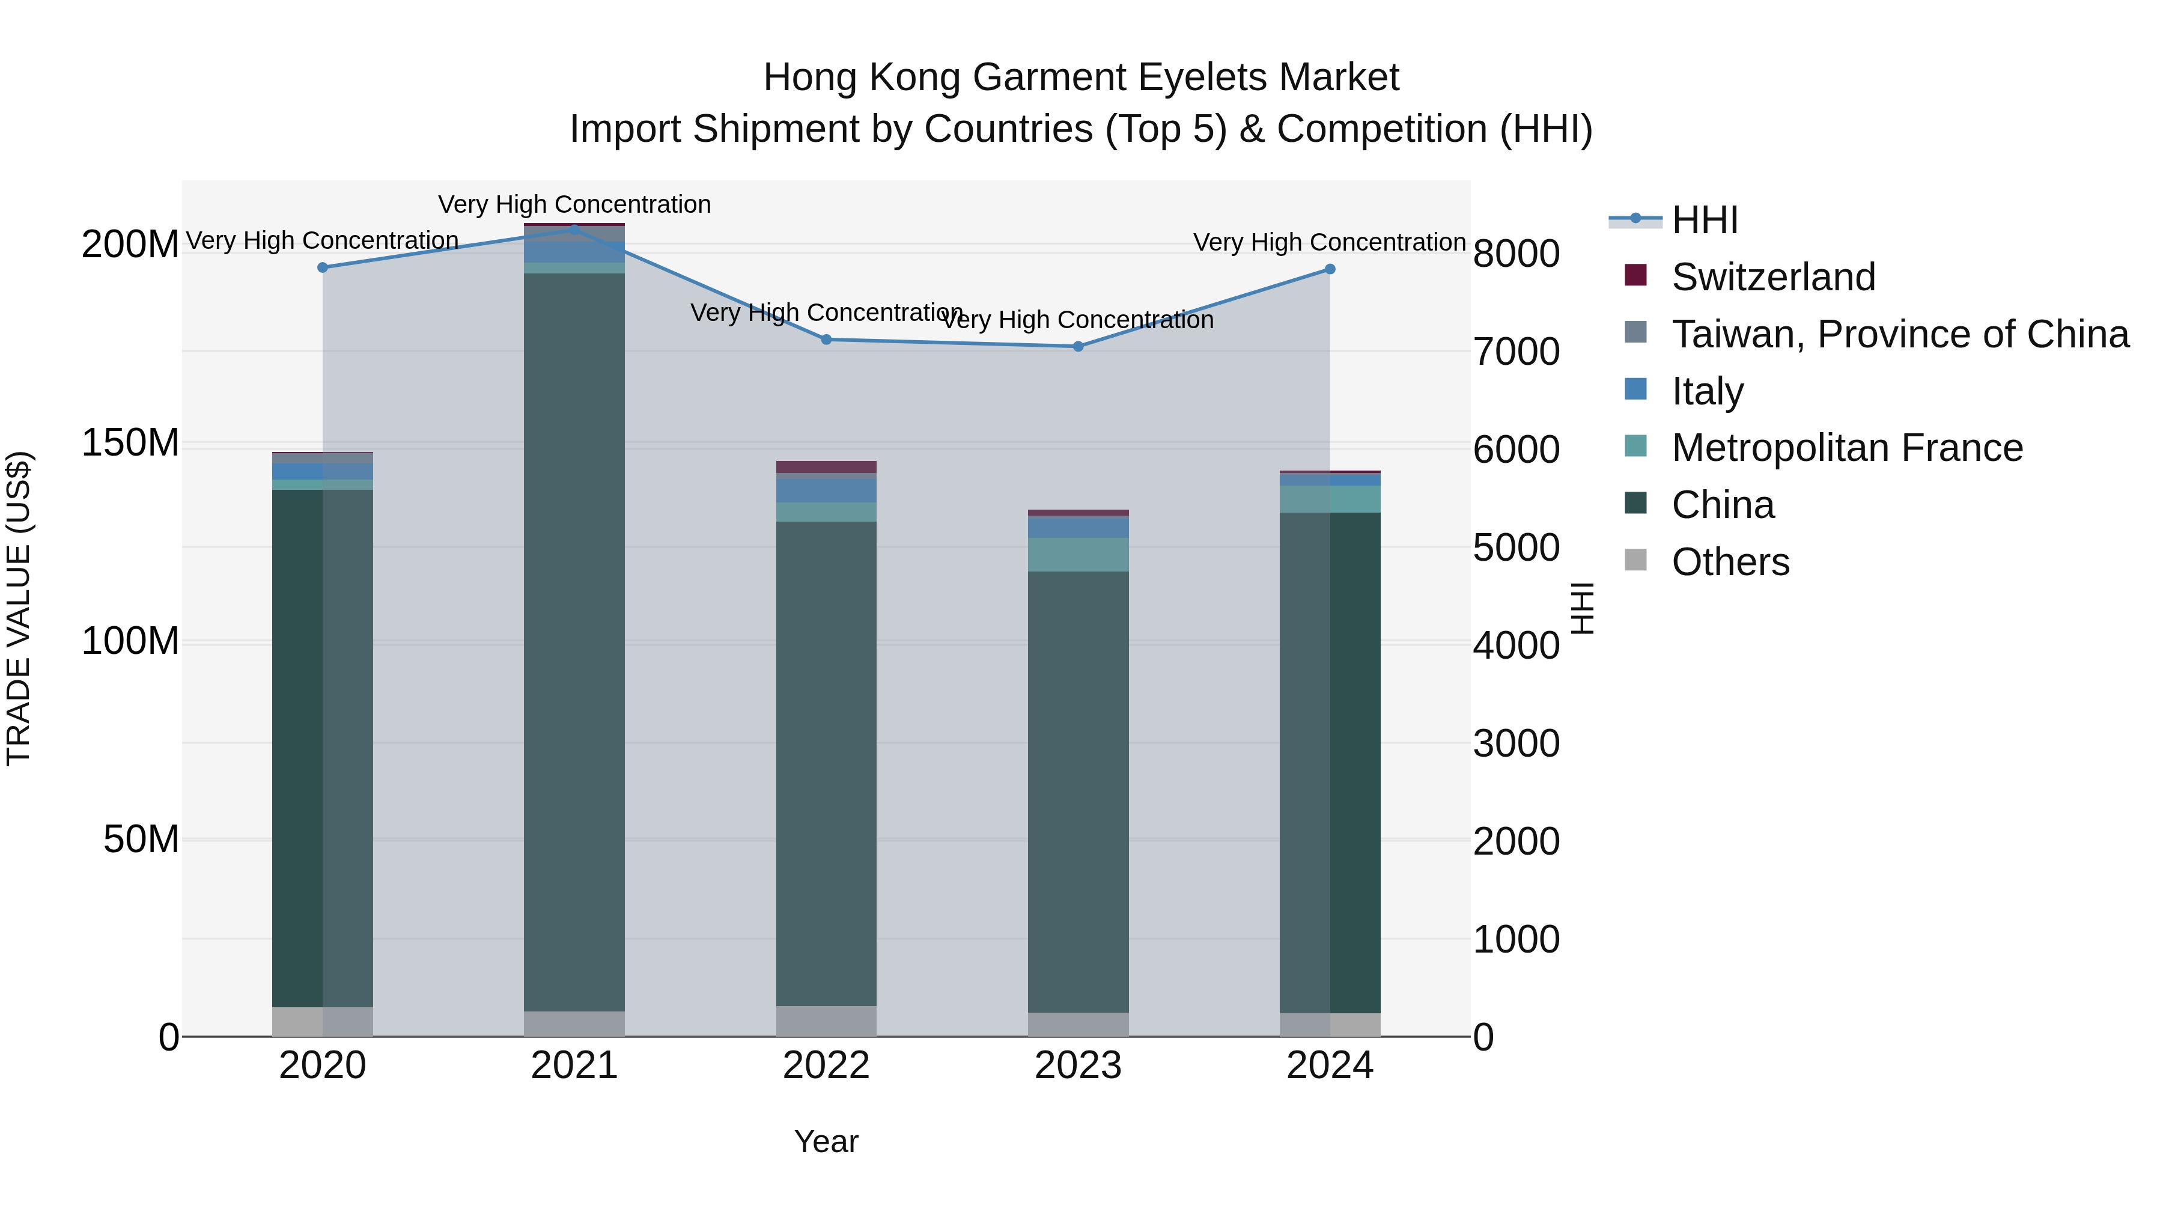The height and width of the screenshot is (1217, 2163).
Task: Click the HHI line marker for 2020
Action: click(x=323, y=267)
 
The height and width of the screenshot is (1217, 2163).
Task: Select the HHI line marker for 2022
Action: click(x=826, y=340)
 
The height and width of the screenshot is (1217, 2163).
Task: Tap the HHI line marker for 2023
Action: click(x=1078, y=346)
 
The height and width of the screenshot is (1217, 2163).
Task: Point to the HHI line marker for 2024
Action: click(x=1330, y=269)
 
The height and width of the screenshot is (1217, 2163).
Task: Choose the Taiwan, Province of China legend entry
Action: click(x=1899, y=334)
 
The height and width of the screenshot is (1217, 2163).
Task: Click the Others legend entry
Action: click(x=1730, y=562)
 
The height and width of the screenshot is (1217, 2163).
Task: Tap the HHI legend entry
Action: click(x=1704, y=220)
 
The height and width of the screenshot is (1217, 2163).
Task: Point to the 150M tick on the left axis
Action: click(x=130, y=442)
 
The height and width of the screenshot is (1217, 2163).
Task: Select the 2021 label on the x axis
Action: click(x=574, y=1066)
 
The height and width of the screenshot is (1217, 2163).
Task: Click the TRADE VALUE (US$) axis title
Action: click(x=19, y=608)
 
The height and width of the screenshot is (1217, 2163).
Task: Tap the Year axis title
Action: click(x=826, y=1141)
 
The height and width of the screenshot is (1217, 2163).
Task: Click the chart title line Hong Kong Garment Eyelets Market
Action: click(x=1081, y=78)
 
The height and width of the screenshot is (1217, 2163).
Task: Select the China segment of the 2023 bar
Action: click(x=1078, y=790)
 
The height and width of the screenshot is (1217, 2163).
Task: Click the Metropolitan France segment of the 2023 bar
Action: click(x=1078, y=554)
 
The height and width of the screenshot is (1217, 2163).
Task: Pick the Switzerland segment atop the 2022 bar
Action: click(x=826, y=467)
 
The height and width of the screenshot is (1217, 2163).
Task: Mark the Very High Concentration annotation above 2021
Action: click(x=574, y=204)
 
